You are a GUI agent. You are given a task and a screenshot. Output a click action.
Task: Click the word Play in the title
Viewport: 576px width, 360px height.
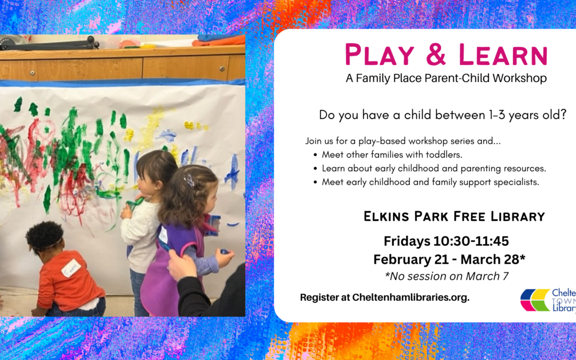coord(380,55)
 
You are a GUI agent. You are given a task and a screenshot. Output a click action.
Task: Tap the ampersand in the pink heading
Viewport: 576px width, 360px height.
coord(437,55)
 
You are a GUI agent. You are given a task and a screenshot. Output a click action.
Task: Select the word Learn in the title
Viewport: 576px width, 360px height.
coord(503,55)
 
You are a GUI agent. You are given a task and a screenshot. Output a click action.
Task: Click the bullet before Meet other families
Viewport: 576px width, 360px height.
coord(315,155)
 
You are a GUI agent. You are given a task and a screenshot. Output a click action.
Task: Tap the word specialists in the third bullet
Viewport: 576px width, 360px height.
coord(519,182)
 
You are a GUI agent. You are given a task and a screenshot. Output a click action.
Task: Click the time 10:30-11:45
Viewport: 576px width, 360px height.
coord(471,241)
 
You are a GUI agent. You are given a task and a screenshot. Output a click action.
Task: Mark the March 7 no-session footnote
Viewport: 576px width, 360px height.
coord(446,276)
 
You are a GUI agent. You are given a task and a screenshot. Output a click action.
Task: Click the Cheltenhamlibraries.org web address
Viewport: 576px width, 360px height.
coord(411,298)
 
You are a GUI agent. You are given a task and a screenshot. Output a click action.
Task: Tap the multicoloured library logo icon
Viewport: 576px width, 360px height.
coord(535,300)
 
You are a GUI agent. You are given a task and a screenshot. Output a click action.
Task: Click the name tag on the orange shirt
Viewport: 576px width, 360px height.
coord(71,268)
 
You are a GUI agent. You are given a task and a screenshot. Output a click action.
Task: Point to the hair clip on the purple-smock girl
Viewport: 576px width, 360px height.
coord(189,180)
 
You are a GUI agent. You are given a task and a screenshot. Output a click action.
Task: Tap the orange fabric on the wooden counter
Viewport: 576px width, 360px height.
coord(219,41)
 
